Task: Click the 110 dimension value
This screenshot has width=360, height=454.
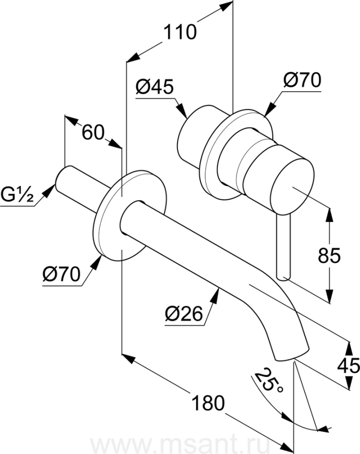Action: pyautogui.click(x=180, y=32)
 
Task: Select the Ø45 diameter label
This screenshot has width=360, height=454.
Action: pyautogui.click(x=154, y=87)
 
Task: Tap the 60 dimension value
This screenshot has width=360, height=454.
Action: pyautogui.click(x=93, y=133)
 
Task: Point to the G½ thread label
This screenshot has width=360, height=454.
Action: pyautogui.click(x=17, y=195)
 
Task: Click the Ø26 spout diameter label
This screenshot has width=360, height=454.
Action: pyautogui.click(x=184, y=314)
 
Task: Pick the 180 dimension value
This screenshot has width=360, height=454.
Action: pyautogui.click(x=208, y=403)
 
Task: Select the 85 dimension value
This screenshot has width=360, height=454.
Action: pyautogui.click(x=329, y=255)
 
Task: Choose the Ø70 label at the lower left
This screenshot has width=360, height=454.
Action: pyautogui.click(x=62, y=274)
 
